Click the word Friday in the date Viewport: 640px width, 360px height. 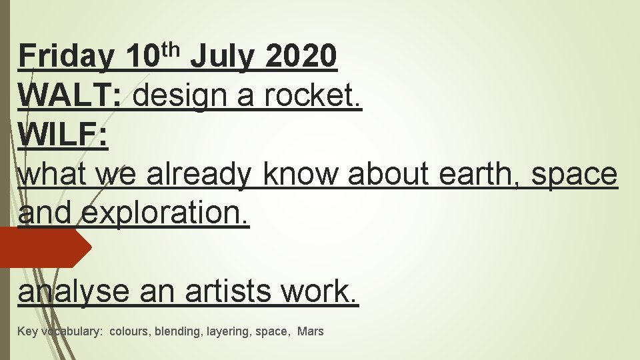(66, 57)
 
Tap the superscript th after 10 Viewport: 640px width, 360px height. (172, 49)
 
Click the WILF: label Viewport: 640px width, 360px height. (63, 136)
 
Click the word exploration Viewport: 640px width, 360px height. (166, 214)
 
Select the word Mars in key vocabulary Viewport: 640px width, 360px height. (311, 331)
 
